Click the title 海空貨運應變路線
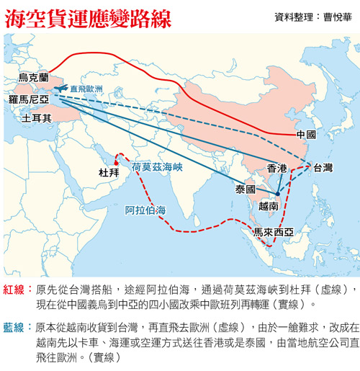87,19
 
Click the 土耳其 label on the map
36,117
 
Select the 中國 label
306,135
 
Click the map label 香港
277,168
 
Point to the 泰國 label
246,189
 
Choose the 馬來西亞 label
273,232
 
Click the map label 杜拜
109,172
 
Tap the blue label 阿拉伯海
145,210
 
